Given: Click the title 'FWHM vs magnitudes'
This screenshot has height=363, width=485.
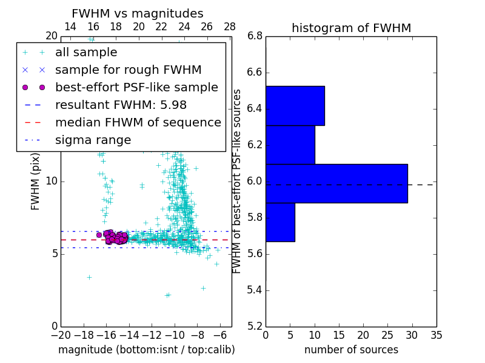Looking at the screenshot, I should (x=138, y=13).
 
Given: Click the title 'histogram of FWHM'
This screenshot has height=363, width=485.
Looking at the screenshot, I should (x=351, y=28).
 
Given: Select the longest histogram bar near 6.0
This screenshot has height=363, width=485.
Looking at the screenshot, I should (x=336, y=183).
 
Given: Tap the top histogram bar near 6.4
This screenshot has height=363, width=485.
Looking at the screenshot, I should (x=295, y=105).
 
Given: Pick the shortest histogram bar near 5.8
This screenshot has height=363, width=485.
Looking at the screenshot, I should (x=280, y=222).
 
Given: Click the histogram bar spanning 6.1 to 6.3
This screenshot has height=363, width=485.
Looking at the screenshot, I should (x=290, y=144).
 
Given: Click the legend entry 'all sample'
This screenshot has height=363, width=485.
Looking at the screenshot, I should (x=86, y=53).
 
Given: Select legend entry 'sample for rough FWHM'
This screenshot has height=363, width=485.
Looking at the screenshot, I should (x=128, y=70).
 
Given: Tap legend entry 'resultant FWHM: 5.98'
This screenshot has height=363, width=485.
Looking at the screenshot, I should (x=121, y=105).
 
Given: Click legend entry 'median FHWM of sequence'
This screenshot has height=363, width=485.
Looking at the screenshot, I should (x=138, y=123).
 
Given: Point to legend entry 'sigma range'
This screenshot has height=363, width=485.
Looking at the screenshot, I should (x=93, y=140).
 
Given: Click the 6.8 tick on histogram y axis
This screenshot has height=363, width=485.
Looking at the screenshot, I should (x=255, y=36).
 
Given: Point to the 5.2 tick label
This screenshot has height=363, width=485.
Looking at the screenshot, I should (x=255, y=326).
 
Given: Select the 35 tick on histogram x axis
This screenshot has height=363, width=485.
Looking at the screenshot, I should (x=436, y=334).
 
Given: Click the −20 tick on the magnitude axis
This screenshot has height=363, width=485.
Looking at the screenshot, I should (x=61, y=334).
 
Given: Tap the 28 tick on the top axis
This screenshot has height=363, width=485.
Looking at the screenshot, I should (x=230, y=27).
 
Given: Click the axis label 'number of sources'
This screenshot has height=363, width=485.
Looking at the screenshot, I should (x=351, y=350).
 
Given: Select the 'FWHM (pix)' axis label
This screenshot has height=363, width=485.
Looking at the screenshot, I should (x=36, y=181).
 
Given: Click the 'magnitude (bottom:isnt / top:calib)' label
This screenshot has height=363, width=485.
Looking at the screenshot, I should (x=146, y=350).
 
